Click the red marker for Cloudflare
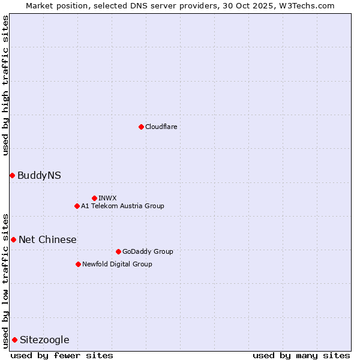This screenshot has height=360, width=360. (141, 127)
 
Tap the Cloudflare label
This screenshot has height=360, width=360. (161, 127)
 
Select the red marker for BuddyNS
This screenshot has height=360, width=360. (12, 175)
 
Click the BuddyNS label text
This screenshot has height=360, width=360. (39, 175)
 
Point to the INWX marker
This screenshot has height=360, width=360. (94, 198)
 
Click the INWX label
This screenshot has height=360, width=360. (107, 198)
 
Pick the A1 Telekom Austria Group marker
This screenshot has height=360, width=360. (77, 206)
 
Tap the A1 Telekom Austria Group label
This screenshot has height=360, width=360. (122, 206)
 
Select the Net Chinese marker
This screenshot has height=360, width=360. (13, 239)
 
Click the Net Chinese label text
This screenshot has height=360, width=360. (47, 239)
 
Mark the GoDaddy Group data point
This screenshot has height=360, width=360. (118, 251)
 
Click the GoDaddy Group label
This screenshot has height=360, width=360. (147, 251)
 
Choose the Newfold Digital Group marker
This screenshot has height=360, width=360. (78, 264)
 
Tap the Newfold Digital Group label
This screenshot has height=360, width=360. (117, 264)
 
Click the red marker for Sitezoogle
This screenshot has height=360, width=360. (14, 340)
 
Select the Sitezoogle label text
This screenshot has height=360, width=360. (44, 340)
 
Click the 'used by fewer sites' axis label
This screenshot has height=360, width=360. (62, 355)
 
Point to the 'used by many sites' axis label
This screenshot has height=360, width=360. (301, 355)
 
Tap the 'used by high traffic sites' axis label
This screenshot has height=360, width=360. (5, 85)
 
